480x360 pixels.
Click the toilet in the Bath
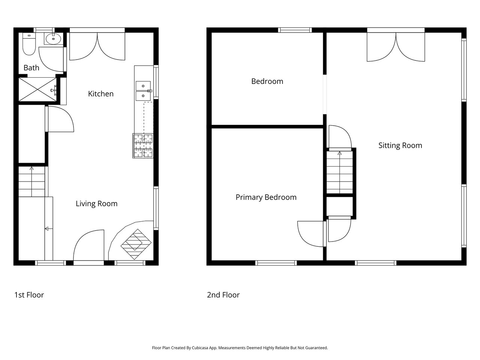pos(29,44)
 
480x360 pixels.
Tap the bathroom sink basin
pos(53,39)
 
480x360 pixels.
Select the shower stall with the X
pos(37,89)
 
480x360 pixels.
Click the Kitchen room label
pos(101,94)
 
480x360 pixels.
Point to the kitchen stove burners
pos(143,145)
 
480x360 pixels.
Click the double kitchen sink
pos(143,91)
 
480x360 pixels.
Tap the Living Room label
pos(97,204)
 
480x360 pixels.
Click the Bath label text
pos(31,68)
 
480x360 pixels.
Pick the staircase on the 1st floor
pos(32,181)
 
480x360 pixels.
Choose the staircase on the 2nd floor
pos(339,172)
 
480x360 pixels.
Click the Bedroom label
pos(267,81)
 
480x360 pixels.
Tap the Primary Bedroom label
pos(266,197)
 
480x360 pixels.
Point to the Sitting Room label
pos(400,145)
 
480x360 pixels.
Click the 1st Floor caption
pos(29,295)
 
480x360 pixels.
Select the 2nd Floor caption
pos(223,295)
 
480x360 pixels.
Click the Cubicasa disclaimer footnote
pos(240,348)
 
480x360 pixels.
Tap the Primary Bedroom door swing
pos(310,234)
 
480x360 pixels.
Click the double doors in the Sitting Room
pos(396,47)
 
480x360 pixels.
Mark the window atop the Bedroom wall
pos(295,30)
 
